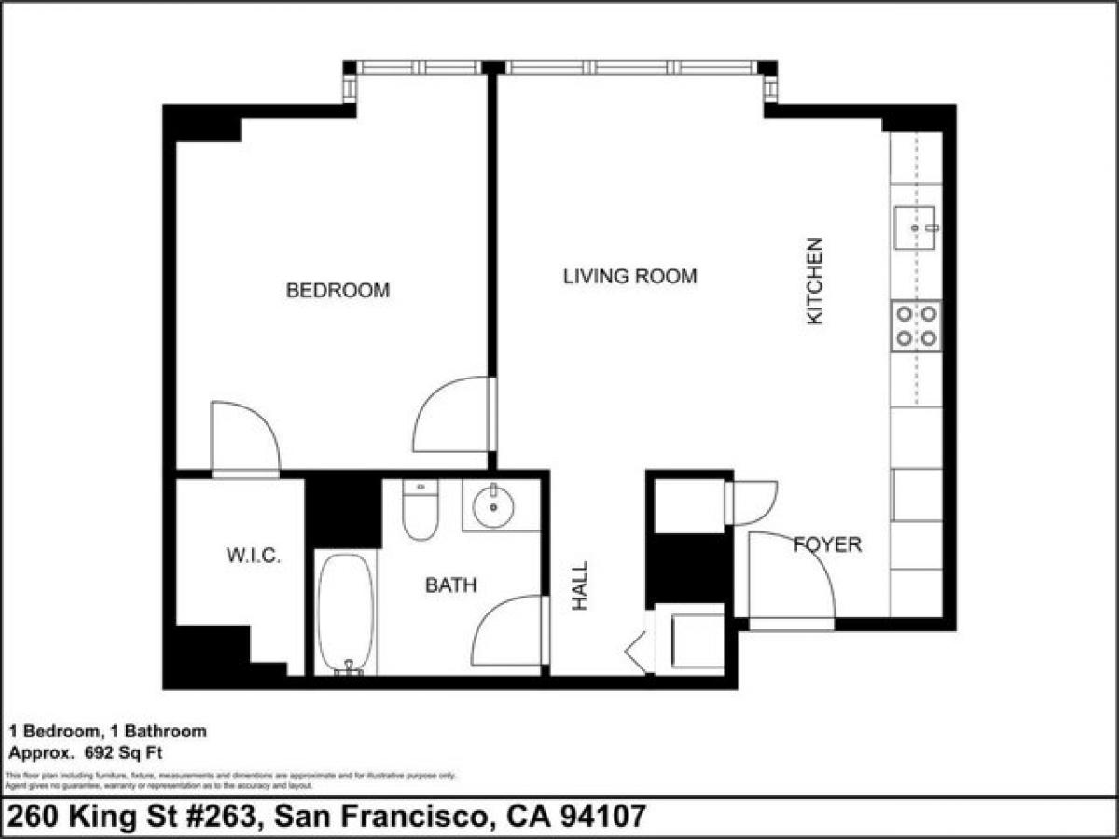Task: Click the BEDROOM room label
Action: (338, 291)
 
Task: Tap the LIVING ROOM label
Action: (629, 277)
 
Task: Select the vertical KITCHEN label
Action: (815, 281)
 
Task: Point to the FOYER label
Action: (827, 544)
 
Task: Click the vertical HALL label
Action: (581, 585)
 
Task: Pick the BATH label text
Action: (450, 585)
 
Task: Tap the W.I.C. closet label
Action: (254, 557)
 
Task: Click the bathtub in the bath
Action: (345, 612)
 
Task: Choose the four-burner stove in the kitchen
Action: (916, 325)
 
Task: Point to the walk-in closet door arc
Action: (245, 438)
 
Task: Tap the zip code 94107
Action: (600, 817)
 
